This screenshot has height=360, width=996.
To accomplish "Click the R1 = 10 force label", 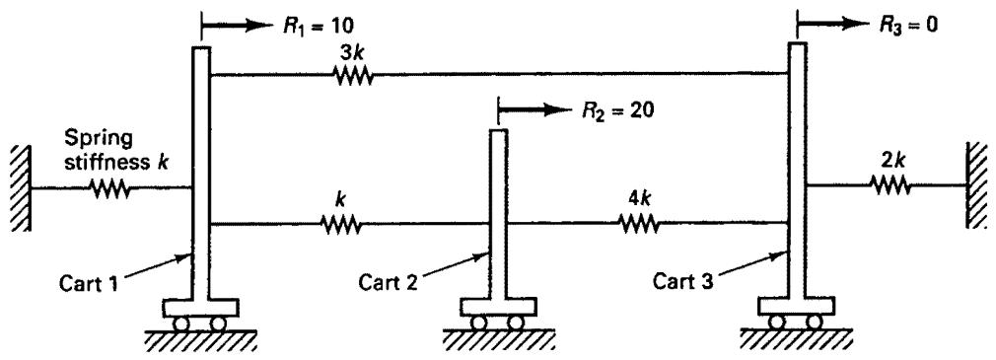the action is tap(318, 26).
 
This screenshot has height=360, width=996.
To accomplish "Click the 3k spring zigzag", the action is tap(353, 76).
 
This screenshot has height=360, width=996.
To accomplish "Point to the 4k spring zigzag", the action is tap(638, 224).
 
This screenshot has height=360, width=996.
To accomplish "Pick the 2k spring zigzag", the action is tap(891, 185).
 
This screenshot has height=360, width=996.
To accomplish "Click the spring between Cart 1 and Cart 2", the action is tap(341, 224).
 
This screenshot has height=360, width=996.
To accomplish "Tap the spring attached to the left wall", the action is tap(110, 189).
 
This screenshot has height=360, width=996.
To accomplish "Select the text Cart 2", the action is tap(388, 281).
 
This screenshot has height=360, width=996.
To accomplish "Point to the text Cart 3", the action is tap(682, 281).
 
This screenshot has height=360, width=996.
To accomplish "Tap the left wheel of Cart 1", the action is tap(182, 324).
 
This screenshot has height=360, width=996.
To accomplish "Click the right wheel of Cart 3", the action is tap(814, 322).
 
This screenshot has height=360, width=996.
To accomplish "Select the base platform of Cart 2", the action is tap(498, 308).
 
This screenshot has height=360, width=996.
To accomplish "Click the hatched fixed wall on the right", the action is tap(979, 184).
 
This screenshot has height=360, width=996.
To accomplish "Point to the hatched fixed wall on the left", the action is tap(20, 188).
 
